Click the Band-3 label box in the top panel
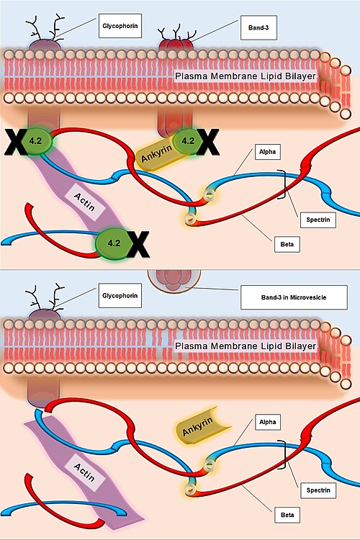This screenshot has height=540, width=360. coord(258,27)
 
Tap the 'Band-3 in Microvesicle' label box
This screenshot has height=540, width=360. coord(294,297)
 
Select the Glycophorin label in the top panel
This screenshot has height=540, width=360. coord(120,26)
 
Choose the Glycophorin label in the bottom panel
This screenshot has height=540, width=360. coord(120,295)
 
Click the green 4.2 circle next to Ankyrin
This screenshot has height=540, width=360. coord(188,140)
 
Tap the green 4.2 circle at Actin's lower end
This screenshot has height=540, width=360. coord(114,243)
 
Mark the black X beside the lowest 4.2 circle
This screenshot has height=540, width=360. coord(138,245)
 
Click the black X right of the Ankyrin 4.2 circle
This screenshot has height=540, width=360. coord(208,142)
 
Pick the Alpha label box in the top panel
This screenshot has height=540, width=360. coord(268,151)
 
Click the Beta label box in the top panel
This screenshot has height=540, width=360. coord(287,244)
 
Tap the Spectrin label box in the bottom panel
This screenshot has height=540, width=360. coord(318,490)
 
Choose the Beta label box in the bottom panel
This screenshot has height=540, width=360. coord(287,515)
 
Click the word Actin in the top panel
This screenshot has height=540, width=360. coord(84,202)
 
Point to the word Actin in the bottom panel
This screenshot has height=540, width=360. coord(84,472)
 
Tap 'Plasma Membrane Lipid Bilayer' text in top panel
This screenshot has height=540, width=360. coord(246,76)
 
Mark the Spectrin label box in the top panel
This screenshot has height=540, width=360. coord(318,220)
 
